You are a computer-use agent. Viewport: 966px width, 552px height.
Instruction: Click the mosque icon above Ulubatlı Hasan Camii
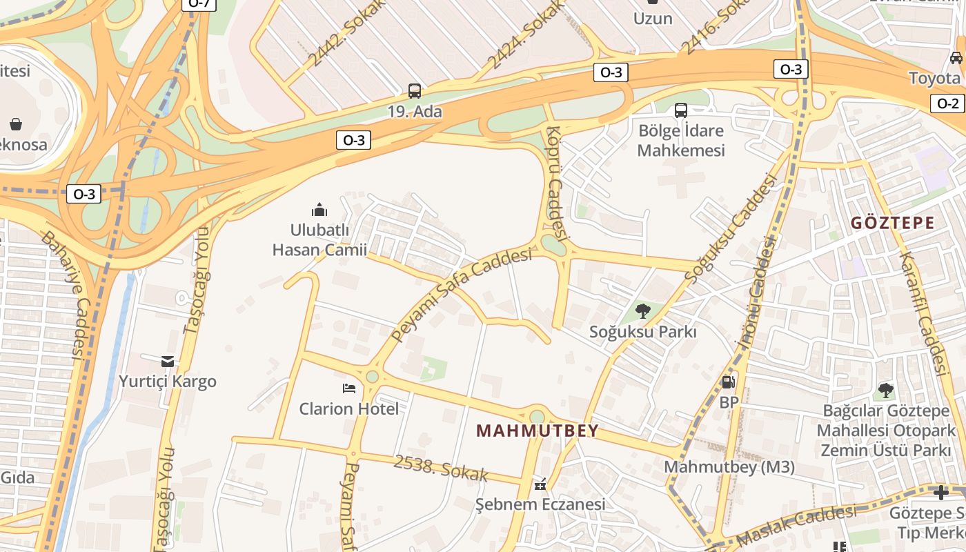pos(319,209)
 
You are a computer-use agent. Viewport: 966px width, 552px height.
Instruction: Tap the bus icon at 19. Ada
pos(415,91)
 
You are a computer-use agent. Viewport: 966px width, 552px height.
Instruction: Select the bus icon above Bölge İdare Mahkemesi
pos(681,110)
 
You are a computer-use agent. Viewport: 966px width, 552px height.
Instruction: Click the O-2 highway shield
pos(948,103)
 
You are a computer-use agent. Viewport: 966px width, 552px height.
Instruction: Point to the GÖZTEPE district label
pos(892,223)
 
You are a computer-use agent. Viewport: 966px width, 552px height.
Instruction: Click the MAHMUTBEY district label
pos(538,431)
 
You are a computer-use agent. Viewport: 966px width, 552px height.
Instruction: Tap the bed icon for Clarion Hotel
pos(349,388)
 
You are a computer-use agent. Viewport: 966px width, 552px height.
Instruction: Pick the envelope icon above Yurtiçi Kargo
pos(168,361)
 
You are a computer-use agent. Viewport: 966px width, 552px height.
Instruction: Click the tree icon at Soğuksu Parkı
pos(643,311)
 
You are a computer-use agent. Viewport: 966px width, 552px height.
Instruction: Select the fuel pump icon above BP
pos(729,382)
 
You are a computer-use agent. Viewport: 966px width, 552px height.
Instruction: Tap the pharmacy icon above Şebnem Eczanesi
pos(540,484)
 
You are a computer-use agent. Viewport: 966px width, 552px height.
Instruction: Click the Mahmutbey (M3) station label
pos(729,467)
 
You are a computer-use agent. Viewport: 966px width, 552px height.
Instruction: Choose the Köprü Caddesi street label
pos(556,183)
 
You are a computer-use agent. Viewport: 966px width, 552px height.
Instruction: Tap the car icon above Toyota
pos(956,58)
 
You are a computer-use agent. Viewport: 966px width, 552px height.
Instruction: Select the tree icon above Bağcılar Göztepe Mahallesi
pos(886,391)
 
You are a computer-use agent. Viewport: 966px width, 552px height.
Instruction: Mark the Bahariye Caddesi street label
pos(62,295)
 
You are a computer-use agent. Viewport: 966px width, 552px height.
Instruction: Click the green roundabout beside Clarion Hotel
pos(373,377)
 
